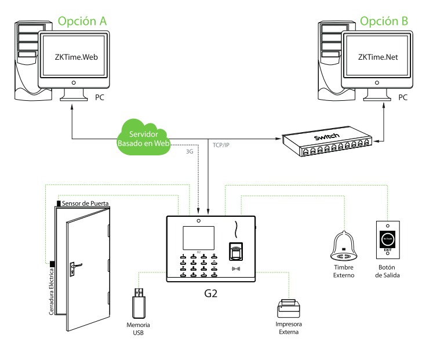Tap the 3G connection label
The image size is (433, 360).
tap(190, 151)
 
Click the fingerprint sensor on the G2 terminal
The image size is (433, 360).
tap(235, 253)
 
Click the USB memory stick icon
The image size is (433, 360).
tap(139, 301)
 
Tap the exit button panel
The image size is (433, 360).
tap(388, 237)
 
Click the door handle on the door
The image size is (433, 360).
tap(74, 267)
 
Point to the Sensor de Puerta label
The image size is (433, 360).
tap(86, 203)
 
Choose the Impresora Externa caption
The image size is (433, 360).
tap(288, 328)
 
